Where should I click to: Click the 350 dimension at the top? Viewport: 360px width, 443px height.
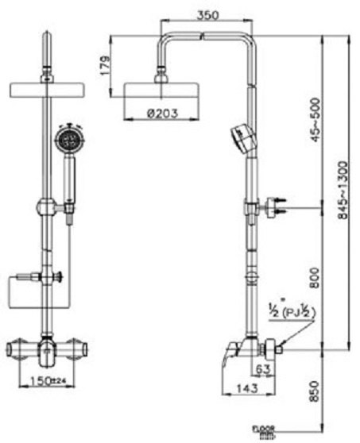click(209, 15)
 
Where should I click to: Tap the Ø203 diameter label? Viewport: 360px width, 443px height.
click(162, 113)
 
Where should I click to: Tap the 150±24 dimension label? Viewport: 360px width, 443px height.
click(47, 380)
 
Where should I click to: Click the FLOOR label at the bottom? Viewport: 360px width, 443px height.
click(263, 429)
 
